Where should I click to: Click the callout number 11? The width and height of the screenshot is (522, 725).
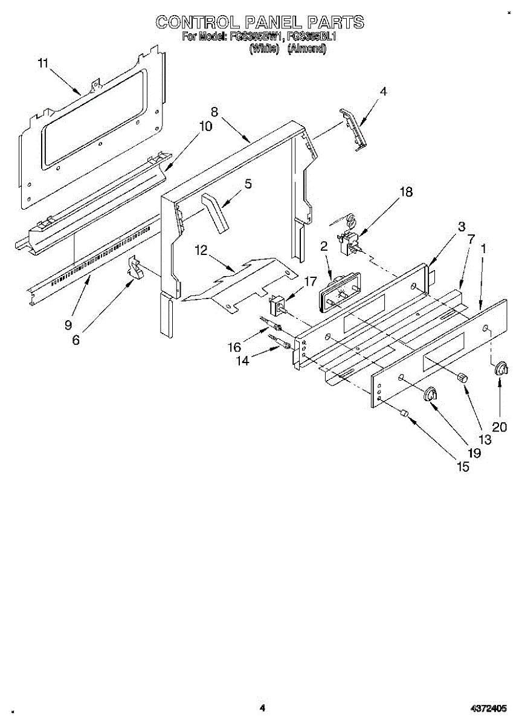click(42, 63)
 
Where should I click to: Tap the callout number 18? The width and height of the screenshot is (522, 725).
click(406, 192)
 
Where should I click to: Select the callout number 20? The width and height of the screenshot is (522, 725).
click(499, 427)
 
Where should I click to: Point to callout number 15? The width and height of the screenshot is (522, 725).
click(463, 468)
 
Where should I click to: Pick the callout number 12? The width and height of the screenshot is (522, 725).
click(201, 250)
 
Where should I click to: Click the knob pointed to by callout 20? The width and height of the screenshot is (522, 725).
click(501, 370)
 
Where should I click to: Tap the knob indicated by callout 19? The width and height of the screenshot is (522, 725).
click(430, 394)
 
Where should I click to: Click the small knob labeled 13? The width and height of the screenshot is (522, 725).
click(463, 377)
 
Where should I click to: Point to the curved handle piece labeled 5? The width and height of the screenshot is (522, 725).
click(216, 213)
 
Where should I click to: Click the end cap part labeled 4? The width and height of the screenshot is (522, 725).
click(353, 127)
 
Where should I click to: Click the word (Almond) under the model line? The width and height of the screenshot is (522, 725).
click(307, 50)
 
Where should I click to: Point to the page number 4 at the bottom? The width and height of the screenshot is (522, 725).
click(262, 707)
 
